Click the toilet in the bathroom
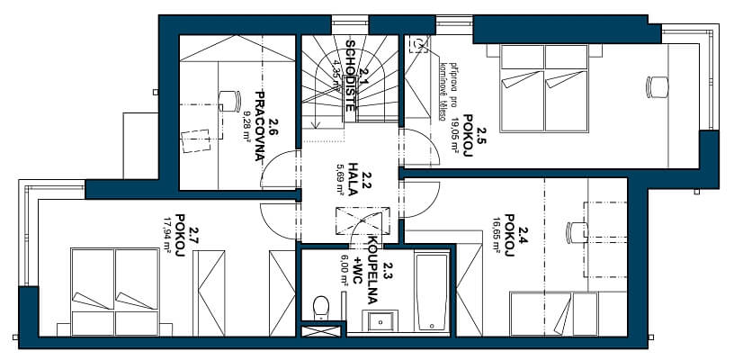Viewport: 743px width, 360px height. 319,308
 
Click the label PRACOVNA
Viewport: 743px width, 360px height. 258,124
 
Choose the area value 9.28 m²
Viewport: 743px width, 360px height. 246,126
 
